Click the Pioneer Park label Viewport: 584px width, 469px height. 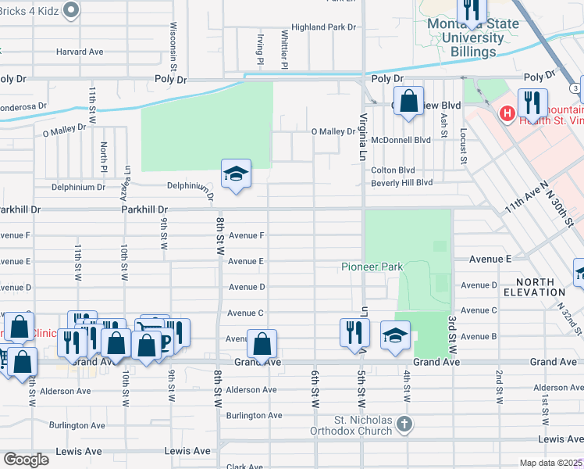372,267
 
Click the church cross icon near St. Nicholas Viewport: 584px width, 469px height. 403,424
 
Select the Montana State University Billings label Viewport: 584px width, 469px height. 473,38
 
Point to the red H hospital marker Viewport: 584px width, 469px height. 507,114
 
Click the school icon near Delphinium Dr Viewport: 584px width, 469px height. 236,174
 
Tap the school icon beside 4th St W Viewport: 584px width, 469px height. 395,335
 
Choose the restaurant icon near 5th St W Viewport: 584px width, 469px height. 354,331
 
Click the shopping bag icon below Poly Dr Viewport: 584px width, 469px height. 408,101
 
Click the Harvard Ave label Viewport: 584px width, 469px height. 80,52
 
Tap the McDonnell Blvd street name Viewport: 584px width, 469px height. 401,140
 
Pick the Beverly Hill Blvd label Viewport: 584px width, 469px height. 401,182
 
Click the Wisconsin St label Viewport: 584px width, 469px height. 173,44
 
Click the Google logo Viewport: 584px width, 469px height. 26,460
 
